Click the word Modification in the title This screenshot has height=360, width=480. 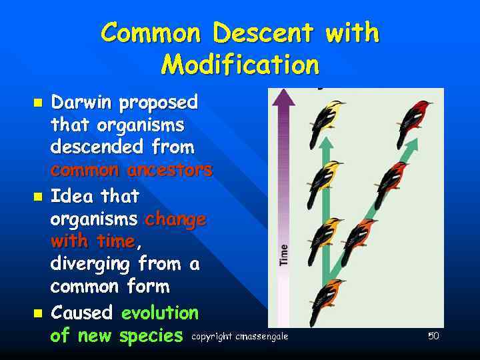pos(240,65)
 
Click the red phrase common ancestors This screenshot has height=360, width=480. pos(131,170)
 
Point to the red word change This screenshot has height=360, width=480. pos(175,219)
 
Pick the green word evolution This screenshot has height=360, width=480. pos(160,313)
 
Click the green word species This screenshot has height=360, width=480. pos(150,335)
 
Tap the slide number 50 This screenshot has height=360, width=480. pos(433,336)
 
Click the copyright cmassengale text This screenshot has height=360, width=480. pos(239,337)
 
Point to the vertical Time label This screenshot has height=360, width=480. pos(284,255)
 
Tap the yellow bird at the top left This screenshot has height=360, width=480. pos(325,121)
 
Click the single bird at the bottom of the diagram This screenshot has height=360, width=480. pos(327,300)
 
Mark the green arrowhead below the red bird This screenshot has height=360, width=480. pos(413,143)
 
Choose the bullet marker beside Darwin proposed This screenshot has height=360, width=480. pos(38,103)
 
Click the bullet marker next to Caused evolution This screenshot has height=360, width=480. pos(38,313)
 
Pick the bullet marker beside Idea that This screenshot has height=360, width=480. pos(38,197)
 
